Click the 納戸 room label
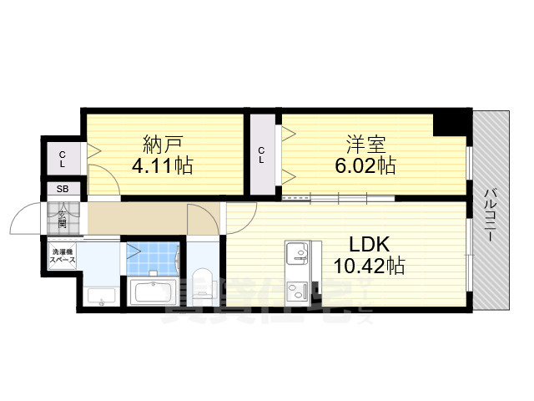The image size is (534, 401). point(162,141)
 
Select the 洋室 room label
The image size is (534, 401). point(365,141)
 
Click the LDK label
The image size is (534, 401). point(370,244)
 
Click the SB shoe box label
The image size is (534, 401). point(63,190)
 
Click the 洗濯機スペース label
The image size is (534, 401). point(63,256)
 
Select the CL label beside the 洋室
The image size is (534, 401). point(262,155)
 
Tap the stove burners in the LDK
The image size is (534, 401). point(296,292)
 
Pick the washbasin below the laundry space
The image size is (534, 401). point(102,295)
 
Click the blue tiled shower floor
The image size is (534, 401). point(153,259)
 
